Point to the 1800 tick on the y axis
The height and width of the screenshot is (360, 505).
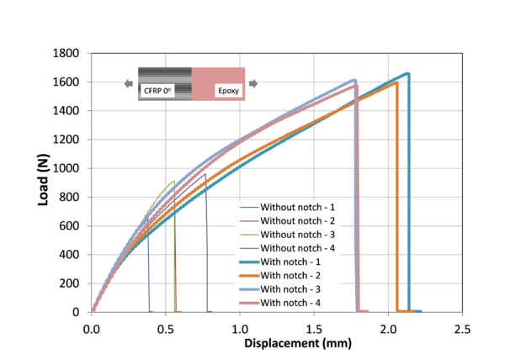69,53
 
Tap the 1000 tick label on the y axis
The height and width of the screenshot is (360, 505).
69,168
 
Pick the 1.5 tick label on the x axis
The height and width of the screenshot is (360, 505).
313,327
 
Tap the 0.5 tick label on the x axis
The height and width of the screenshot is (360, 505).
166,327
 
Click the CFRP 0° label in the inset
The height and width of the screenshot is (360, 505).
157,90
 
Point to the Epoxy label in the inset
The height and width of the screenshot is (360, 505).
227,90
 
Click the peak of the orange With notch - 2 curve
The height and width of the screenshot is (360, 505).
396,82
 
